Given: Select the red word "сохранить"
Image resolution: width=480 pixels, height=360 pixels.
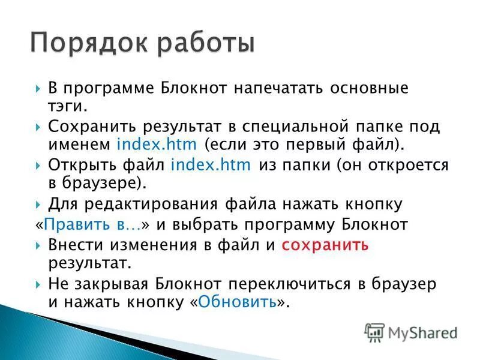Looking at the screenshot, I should [x=325, y=245].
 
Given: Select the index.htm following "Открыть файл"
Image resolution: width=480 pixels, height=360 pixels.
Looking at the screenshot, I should [x=211, y=165].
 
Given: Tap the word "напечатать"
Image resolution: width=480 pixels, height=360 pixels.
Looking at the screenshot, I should [x=271, y=88].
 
